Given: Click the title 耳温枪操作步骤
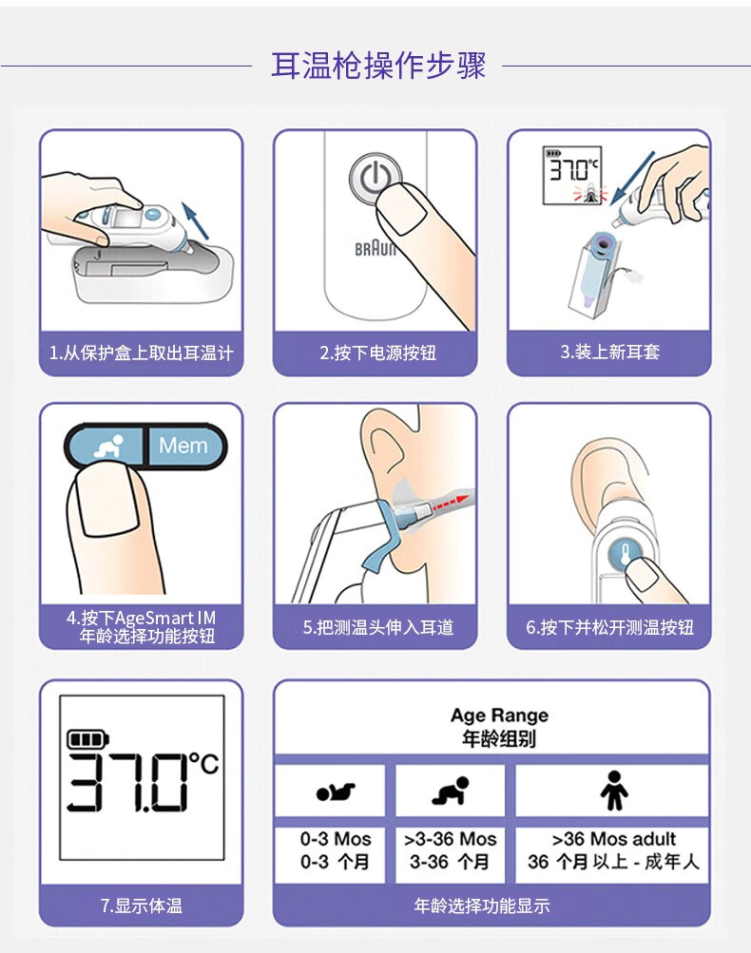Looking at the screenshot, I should [x=377, y=67].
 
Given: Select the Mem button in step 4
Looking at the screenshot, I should [x=183, y=445].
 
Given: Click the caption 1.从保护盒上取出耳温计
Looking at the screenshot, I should [x=141, y=353].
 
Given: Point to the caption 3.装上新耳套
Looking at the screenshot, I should [x=609, y=353].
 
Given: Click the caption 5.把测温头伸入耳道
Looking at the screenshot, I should [x=375, y=627].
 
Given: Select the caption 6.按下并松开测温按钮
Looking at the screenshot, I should [x=609, y=627].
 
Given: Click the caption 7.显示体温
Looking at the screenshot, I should [x=141, y=905].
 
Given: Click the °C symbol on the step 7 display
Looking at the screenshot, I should [x=202, y=763].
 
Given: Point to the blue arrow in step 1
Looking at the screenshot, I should [x=197, y=219].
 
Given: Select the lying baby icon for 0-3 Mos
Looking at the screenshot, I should [x=335, y=791].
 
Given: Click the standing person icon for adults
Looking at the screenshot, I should [x=613, y=791].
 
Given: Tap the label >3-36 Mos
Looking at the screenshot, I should [x=450, y=840].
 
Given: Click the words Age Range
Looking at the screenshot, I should [x=499, y=715].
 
